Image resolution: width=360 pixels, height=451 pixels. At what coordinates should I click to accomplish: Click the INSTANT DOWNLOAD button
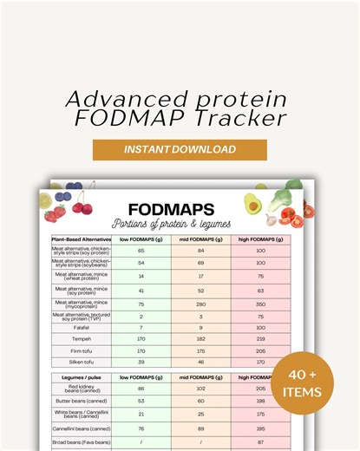tap(180, 149)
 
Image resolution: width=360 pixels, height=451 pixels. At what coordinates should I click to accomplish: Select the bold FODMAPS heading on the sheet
tap(171, 209)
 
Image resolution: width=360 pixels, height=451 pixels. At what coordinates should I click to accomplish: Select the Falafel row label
tap(81, 329)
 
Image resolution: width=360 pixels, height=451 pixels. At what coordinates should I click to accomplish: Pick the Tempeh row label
tap(81, 340)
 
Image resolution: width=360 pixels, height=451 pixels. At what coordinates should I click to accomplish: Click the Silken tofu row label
tap(81, 361)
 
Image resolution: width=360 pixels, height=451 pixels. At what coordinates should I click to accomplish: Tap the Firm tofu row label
tap(81, 350)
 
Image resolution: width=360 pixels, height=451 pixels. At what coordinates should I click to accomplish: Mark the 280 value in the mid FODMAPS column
tap(201, 304)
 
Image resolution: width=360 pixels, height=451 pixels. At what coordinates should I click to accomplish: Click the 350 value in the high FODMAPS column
tap(259, 304)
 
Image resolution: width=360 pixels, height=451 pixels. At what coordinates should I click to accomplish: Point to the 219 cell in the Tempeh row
tap(259, 340)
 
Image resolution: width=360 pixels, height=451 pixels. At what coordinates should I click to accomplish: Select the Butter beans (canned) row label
tap(81, 402)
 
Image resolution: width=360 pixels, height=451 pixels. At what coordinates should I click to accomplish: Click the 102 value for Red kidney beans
tap(201, 389)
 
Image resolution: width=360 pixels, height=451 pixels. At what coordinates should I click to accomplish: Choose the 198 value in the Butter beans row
tap(259, 402)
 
